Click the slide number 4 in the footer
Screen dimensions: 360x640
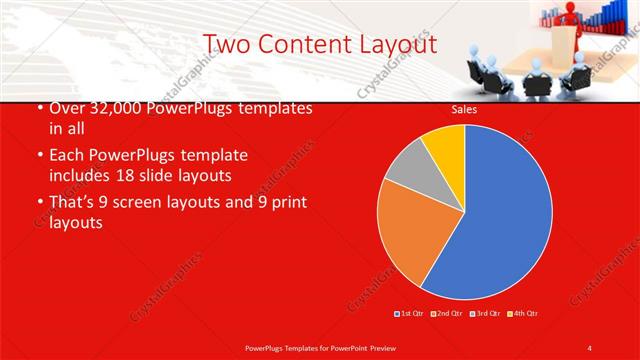pyautogui.click(x=590, y=347)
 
